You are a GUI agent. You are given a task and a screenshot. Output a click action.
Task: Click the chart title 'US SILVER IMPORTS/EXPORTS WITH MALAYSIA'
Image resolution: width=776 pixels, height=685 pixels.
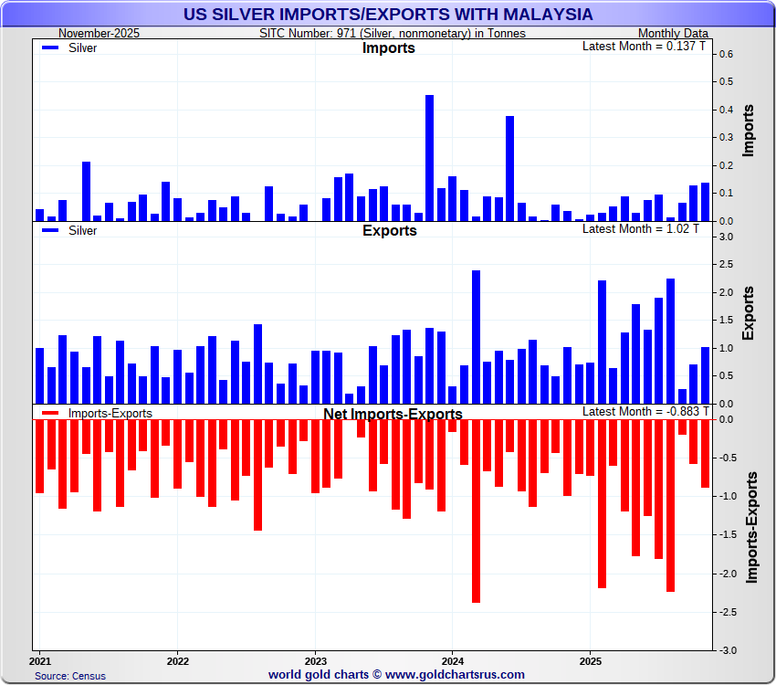[388, 15]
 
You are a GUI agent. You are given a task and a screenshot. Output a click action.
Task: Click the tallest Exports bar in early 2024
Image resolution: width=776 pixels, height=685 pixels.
[476, 337]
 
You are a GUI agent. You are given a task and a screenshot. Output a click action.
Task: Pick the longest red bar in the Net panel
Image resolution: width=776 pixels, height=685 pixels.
[476, 511]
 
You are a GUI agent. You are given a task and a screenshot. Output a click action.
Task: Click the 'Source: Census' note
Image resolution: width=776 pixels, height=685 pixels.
[70, 676]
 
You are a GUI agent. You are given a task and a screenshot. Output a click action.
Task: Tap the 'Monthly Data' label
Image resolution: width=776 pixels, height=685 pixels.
[674, 33]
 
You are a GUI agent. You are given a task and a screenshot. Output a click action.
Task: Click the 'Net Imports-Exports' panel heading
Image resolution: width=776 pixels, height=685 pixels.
[393, 414]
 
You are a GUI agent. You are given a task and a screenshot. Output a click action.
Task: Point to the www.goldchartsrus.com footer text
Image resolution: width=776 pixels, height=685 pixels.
[396, 675]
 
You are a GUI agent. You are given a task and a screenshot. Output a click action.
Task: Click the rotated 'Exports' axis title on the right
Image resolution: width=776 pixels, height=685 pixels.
[749, 313]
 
